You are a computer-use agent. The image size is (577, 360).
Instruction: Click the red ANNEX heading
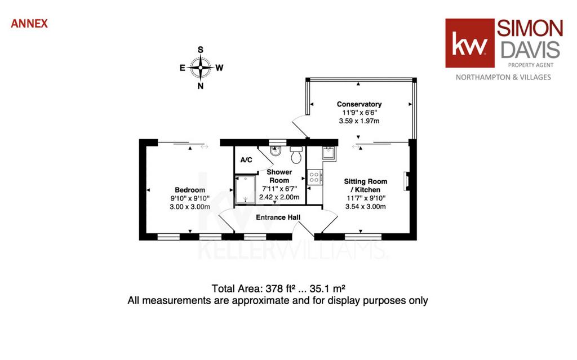point(29,24)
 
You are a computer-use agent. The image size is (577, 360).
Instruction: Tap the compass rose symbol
point(201,68)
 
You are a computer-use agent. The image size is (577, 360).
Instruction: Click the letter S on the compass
point(201,50)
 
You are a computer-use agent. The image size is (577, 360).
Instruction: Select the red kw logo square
point(469,43)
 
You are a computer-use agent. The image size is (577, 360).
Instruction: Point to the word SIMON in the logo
point(530,28)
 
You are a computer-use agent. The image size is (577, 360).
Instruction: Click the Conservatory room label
point(359,104)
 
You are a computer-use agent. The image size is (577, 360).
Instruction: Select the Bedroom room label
point(190,190)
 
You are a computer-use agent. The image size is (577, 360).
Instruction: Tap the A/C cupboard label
point(246,160)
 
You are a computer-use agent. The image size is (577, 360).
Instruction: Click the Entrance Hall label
point(278,217)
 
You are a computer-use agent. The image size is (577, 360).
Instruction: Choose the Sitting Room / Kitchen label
point(365,185)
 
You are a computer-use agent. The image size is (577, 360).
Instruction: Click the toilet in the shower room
point(296,154)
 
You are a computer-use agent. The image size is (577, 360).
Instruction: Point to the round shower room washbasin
point(275,150)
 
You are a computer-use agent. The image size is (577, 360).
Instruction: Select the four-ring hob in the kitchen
point(314,177)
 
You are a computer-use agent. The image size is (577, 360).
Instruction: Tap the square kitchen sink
point(329,152)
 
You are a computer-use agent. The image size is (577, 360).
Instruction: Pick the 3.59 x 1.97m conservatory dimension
point(359,121)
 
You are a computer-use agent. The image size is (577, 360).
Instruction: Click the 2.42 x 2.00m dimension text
point(279,197)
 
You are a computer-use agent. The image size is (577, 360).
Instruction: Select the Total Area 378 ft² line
point(278,288)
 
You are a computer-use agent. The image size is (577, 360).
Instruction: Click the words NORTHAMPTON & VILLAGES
point(503,77)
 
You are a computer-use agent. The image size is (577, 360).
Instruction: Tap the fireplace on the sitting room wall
point(407,181)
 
